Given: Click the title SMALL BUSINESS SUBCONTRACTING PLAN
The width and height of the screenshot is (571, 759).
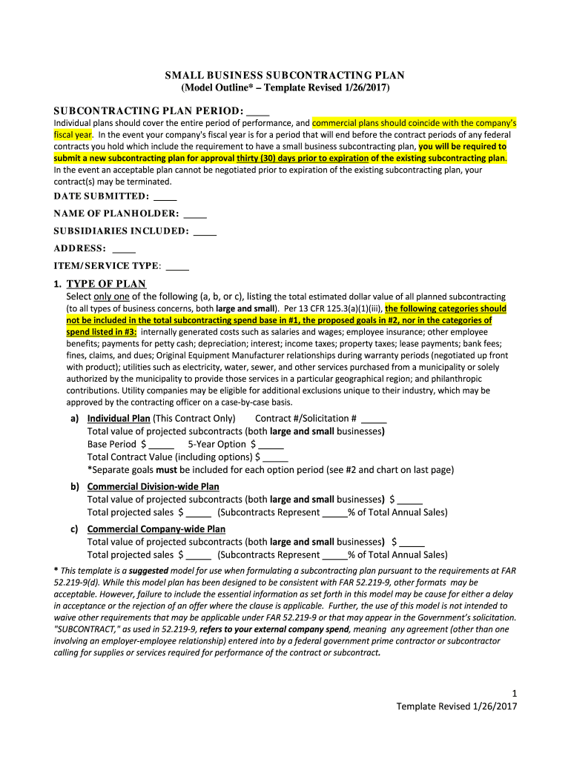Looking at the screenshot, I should pos(285,76).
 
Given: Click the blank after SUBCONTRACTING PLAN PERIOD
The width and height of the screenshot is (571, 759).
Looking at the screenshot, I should pos(257,111).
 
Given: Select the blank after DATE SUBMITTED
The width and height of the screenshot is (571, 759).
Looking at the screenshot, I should pos(166,196).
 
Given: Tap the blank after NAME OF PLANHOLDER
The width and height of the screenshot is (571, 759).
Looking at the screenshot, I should pos(194,213).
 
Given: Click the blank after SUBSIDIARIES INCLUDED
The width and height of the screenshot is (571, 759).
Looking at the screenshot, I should pos(205,231).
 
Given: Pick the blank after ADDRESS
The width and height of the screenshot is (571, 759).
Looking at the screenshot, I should pos(124,248).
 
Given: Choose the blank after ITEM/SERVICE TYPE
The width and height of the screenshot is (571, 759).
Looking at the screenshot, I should pos(178,266).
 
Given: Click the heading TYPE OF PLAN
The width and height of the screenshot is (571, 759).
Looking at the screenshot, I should pos(106,284).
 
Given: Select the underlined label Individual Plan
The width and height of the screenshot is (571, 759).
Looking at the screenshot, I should pos(119,418).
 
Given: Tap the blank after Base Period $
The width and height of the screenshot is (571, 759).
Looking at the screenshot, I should pos(162,444).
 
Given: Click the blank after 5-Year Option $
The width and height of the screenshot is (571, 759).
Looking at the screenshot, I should pos(271,444).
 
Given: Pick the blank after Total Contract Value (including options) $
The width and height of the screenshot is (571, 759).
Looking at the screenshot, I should pos(275,457).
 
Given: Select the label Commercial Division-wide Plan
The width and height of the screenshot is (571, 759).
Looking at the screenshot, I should pos(153,486).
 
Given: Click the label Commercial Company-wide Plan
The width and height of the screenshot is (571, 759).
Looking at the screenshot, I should pos(156,529).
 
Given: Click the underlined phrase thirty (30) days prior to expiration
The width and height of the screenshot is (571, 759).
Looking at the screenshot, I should pos(303,158).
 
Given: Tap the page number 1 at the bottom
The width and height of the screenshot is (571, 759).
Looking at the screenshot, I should pos(513,693).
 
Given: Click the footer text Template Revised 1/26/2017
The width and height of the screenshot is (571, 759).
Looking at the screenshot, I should pos(456,706).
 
